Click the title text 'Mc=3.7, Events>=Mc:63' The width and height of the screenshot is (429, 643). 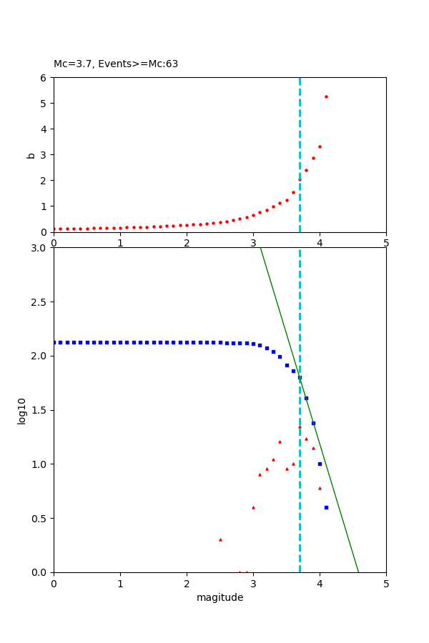[x=116, y=64]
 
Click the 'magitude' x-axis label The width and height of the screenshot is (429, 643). [x=220, y=597]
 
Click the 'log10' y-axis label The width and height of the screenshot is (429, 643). [x=22, y=411]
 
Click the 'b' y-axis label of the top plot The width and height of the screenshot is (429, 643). [x=31, y=154]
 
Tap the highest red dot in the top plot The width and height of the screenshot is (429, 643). [x=326, y=96]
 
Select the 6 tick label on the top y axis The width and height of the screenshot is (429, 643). [x=44, y=77]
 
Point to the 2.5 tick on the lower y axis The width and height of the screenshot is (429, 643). [x=41, y=301]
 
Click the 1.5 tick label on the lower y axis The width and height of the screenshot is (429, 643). [x=41, y=410]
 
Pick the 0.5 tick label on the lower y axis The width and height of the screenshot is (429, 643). [x=41, y=518]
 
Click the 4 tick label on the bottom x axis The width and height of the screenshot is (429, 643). [x=320, y=583]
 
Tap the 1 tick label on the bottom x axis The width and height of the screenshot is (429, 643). [x=120, y=583]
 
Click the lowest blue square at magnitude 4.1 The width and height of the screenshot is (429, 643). [x=326, y=507]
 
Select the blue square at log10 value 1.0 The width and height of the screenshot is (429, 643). [x=320, y=464]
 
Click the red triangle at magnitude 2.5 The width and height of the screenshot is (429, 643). [x=220, y=539]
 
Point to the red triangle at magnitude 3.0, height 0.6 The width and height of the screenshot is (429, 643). [x=253, y=507]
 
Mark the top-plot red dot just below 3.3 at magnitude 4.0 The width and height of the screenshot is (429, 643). [x=320, y=146]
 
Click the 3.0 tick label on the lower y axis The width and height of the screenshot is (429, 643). [x=41, y=248]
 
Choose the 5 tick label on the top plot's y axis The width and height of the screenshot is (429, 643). [x=44, y=103]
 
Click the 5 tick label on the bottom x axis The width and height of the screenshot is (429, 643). [x=386, y=583]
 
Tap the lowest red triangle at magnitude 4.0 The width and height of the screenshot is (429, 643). [x=320, y=488]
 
